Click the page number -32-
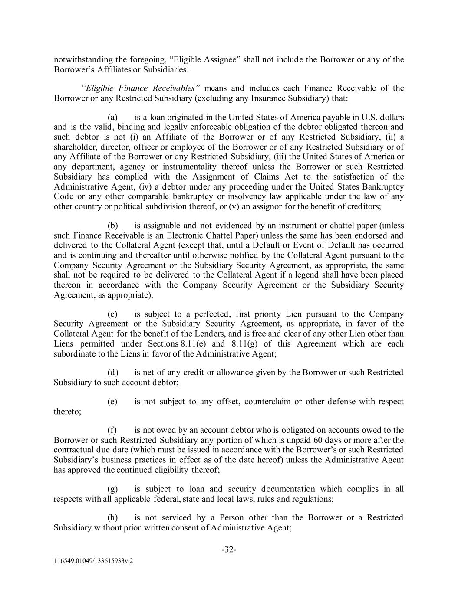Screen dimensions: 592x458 coord(229,549)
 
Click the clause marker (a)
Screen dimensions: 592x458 coord(112,117)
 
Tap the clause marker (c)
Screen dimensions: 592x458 coord(112,314)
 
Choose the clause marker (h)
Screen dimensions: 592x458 coord(112,517)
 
